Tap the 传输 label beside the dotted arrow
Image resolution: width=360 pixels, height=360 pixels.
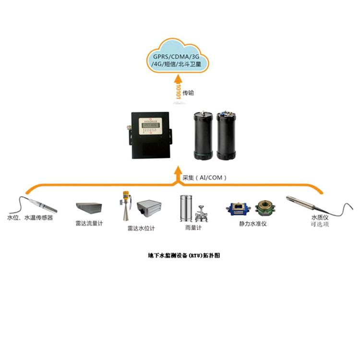(189, 93)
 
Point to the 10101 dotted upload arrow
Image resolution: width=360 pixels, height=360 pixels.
(178, 91)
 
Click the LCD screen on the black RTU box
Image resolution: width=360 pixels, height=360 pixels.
(152, 123)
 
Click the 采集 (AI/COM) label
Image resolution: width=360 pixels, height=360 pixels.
(204, 178)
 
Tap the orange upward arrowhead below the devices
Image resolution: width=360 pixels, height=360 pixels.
(178, 169)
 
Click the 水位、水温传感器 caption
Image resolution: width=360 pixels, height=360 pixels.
(30, 217)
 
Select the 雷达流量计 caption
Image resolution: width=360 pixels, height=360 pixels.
(89, 223)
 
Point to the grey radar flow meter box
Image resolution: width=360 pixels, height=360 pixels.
(89, 208)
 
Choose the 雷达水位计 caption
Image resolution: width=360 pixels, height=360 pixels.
(141, 228)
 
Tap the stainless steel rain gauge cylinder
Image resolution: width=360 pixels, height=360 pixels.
(186, 207)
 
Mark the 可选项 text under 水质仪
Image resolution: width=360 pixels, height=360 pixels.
(320, 224)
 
